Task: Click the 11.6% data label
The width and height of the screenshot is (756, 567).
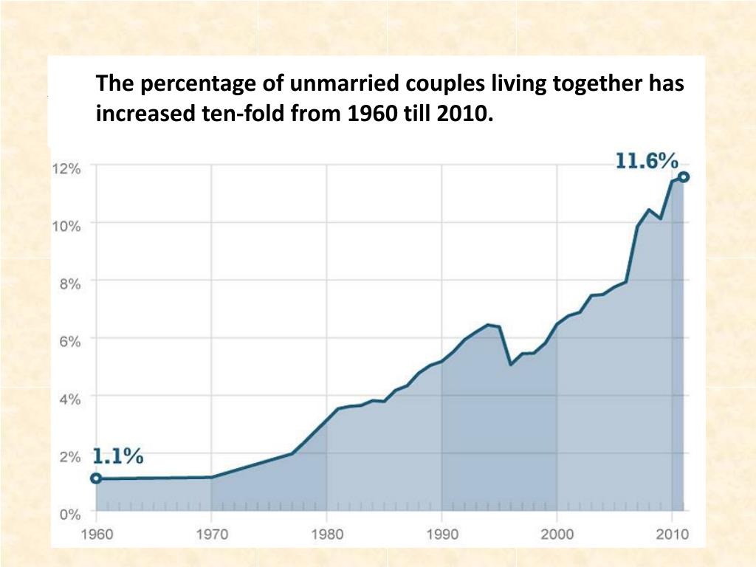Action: tap(647, 161)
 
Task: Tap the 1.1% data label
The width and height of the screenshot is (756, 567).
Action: tap(117, 456)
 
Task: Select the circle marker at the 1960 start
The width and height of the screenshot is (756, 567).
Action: tap(96, 478)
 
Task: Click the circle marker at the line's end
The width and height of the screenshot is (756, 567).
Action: tap(684, 176)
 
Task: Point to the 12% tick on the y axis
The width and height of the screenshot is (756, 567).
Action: tap(66, 168)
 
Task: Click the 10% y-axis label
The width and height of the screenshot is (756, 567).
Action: tap(66, 226)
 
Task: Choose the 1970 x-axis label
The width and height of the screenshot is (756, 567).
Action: tap(212, 534)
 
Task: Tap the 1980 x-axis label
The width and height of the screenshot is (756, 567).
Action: tap(327, 534)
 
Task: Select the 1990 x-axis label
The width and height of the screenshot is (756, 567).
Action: tap(441, 534)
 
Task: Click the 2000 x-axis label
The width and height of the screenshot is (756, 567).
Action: tap(557, 534)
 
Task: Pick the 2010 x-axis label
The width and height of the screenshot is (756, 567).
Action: tap(672, 534)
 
